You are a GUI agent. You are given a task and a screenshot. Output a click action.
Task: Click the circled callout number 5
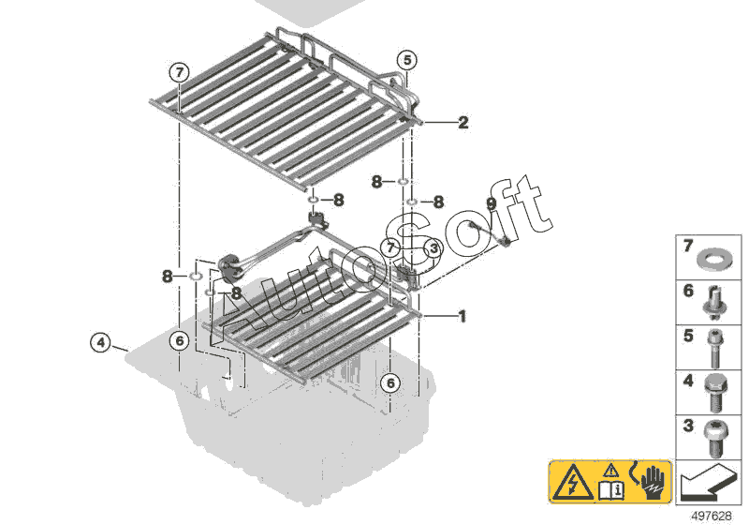(407, 60)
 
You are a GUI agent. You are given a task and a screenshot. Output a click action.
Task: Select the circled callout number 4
(100, 342)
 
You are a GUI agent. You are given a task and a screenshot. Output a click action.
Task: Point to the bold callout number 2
(463, 123)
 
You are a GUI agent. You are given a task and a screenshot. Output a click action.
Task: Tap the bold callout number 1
(462, 316)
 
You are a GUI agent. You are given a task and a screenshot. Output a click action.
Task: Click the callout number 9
(491, 203)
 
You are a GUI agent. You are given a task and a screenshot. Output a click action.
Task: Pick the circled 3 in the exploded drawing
(433, 248)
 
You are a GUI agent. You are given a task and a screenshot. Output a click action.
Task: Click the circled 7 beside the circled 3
(390, 247)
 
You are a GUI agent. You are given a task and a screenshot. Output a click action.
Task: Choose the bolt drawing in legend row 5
(715, 348)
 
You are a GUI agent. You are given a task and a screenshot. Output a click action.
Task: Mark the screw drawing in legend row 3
(715, 438)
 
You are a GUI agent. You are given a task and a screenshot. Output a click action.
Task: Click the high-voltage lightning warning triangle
(573, 482)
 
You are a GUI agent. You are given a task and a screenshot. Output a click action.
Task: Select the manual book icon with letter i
(611, 490)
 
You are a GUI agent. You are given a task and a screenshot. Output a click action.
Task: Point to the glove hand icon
(652, 481)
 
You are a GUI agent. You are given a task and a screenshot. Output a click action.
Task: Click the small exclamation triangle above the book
(611, 471)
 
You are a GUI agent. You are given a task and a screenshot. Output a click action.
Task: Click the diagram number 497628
(712, 516)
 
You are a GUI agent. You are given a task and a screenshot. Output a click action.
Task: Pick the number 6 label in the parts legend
(688, 291)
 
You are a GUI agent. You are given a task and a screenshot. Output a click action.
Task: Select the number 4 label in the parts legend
(688, 381)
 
